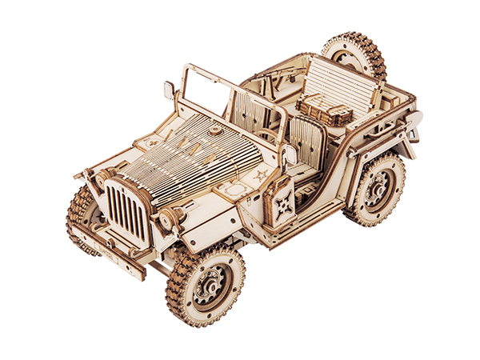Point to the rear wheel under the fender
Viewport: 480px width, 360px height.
(376, 189)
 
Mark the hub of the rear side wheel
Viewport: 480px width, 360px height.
(378, 190)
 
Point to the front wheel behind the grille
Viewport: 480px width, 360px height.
(80, 216)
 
